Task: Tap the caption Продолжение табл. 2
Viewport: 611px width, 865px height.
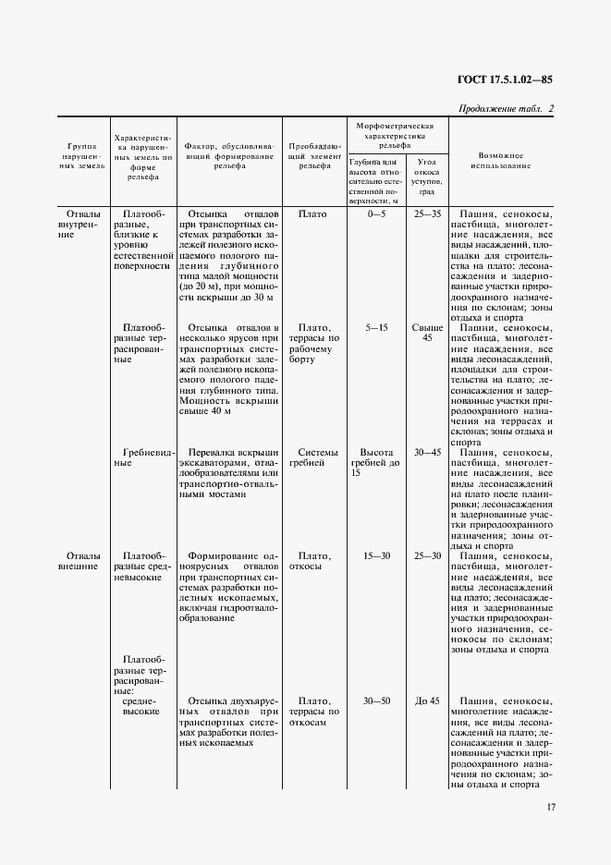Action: tap(506, 108)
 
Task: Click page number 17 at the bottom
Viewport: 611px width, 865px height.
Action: tap(551, 807)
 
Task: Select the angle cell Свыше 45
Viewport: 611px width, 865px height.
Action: tap(427, 333)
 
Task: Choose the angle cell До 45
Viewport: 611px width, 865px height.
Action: tap(427, 701)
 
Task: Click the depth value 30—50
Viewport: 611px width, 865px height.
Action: tap(377, 701)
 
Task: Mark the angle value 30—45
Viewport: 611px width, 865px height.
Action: tap(428, 452)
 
